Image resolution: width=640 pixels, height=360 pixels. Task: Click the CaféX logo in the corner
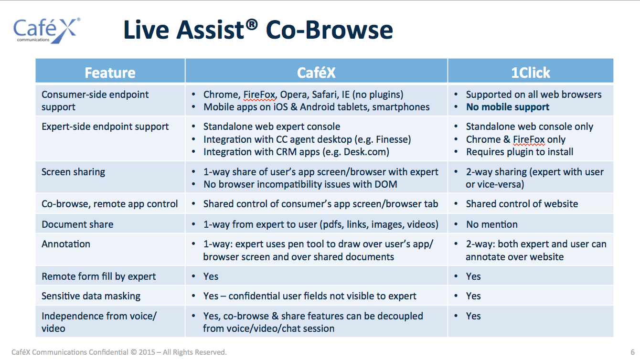coord(47,31)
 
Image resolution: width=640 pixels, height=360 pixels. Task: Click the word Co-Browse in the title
coord(329,30)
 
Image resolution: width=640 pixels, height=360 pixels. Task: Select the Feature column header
coord(110,73)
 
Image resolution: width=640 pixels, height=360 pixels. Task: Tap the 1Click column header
coord(531,73)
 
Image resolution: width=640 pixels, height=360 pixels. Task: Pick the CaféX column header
coord(316,73)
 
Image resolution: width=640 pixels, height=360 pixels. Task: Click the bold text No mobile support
coord(508,107)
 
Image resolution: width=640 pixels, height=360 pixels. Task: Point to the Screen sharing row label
coord(73,172)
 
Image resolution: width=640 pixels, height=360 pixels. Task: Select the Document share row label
coord(77,224)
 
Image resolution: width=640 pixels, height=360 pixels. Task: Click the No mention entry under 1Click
coord(492,224)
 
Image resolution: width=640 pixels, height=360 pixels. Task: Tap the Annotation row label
coord(66,244)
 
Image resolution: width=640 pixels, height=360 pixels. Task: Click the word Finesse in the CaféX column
coord(392,139)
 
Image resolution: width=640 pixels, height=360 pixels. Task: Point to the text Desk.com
coord(365,152)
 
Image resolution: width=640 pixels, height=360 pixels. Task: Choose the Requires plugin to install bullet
coord(520,152)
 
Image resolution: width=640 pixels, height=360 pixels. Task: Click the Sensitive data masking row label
coord(91,296)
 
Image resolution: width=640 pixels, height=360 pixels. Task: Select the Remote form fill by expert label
coord(98,276)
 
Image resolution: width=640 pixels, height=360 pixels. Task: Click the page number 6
coord(632,352)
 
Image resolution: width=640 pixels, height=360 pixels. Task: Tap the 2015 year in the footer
coord(147,352)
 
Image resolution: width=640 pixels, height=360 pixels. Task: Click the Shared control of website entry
coord(522,204)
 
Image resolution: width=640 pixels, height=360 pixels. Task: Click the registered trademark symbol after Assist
coord(252,24)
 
